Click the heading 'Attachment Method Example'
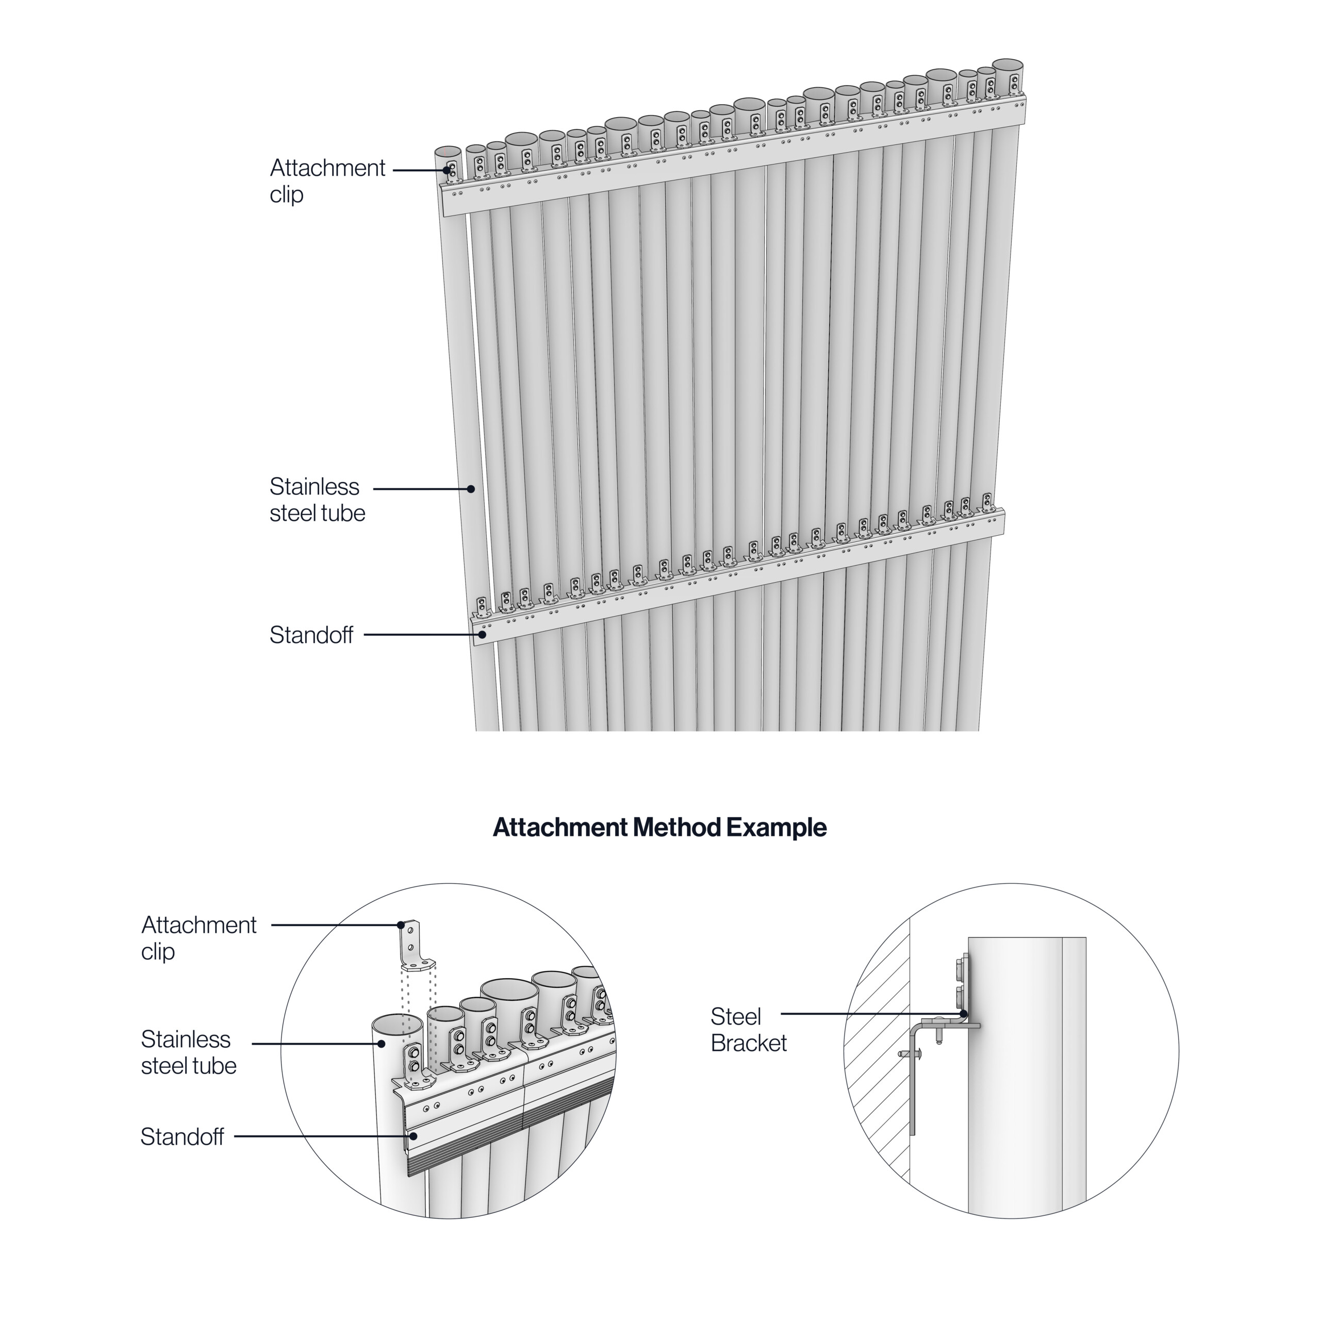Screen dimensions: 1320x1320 tap(659, 828)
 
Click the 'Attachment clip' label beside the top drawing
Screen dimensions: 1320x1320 tap(327, 181)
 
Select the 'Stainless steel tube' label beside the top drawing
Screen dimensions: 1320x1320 tap(317, 500)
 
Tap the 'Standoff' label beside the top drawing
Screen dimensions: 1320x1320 tap(311, 635)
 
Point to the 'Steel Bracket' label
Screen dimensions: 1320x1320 tap(749, 1030)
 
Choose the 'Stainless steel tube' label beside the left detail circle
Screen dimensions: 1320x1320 tap(189, 1052)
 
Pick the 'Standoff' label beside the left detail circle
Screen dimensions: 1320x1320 tap(183, 1137)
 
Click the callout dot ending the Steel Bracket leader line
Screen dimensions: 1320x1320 tap(963, 1014)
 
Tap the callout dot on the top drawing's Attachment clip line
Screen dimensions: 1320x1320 tap(447, 170)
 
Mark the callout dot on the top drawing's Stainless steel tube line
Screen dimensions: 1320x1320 tap(471, 489)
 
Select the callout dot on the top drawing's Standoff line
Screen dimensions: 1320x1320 tap(482, 635)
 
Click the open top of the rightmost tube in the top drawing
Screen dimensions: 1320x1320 tap(1007, 65)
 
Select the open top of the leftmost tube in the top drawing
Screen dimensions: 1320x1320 tap(448, 151)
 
